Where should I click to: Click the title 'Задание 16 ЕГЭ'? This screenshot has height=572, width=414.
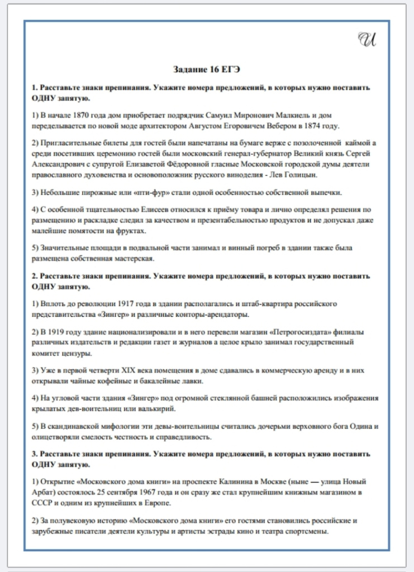(x=207, y=69)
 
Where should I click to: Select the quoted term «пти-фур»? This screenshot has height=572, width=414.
(x=121, y=193)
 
